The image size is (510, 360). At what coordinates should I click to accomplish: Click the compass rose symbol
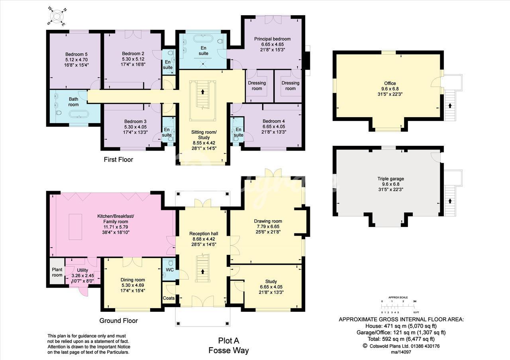(x=57, y=16)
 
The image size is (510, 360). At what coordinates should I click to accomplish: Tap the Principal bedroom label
(x=272, y=39)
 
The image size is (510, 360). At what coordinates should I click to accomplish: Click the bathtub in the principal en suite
(x=203, y=38)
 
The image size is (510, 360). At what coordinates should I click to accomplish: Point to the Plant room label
(x=57, y=272)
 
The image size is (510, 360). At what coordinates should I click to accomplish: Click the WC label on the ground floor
(x=170, y=270)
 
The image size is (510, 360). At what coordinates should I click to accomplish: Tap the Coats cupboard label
(x=169, y=298)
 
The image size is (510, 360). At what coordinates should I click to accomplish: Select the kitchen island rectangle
(x=75, y=227)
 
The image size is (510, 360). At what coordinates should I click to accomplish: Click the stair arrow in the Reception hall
(x=202, y=272)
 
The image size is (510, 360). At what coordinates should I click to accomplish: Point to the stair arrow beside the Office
(x=450, y=106)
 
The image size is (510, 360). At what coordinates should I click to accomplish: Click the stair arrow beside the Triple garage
(x=450, y=201)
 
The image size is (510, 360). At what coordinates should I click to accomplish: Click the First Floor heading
(x=118, y=160)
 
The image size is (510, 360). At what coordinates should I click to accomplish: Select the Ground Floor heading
(x=119, y=321)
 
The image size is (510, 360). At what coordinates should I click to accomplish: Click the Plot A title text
(x=229, y=340)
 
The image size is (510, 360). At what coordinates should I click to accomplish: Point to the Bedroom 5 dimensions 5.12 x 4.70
(x=76, y=60)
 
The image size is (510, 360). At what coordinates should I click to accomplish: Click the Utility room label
(x=82, y=270)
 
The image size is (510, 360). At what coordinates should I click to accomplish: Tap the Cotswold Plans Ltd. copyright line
(x=401, y=346)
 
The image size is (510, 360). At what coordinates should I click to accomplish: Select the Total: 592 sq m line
(x=401, y=339)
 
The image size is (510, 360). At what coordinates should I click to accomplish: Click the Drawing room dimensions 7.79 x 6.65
(x=268, y=227)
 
